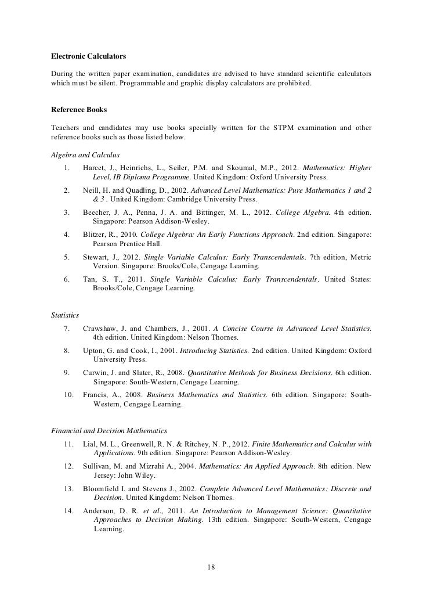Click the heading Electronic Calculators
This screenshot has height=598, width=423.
(x=89, y=57)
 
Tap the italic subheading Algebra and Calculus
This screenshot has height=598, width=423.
(x=85, y=155)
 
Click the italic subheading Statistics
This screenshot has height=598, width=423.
(x=65, y=315)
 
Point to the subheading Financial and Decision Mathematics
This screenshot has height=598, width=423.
(x=110, y=431)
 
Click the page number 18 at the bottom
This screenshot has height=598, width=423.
(x=211, y=567)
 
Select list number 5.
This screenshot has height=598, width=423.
(x=67, y=257)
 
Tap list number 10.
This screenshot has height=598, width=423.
(x=68, y=395)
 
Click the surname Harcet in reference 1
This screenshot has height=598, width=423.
(x=95, y=168)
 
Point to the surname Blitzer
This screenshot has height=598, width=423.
(x=96, y=235)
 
